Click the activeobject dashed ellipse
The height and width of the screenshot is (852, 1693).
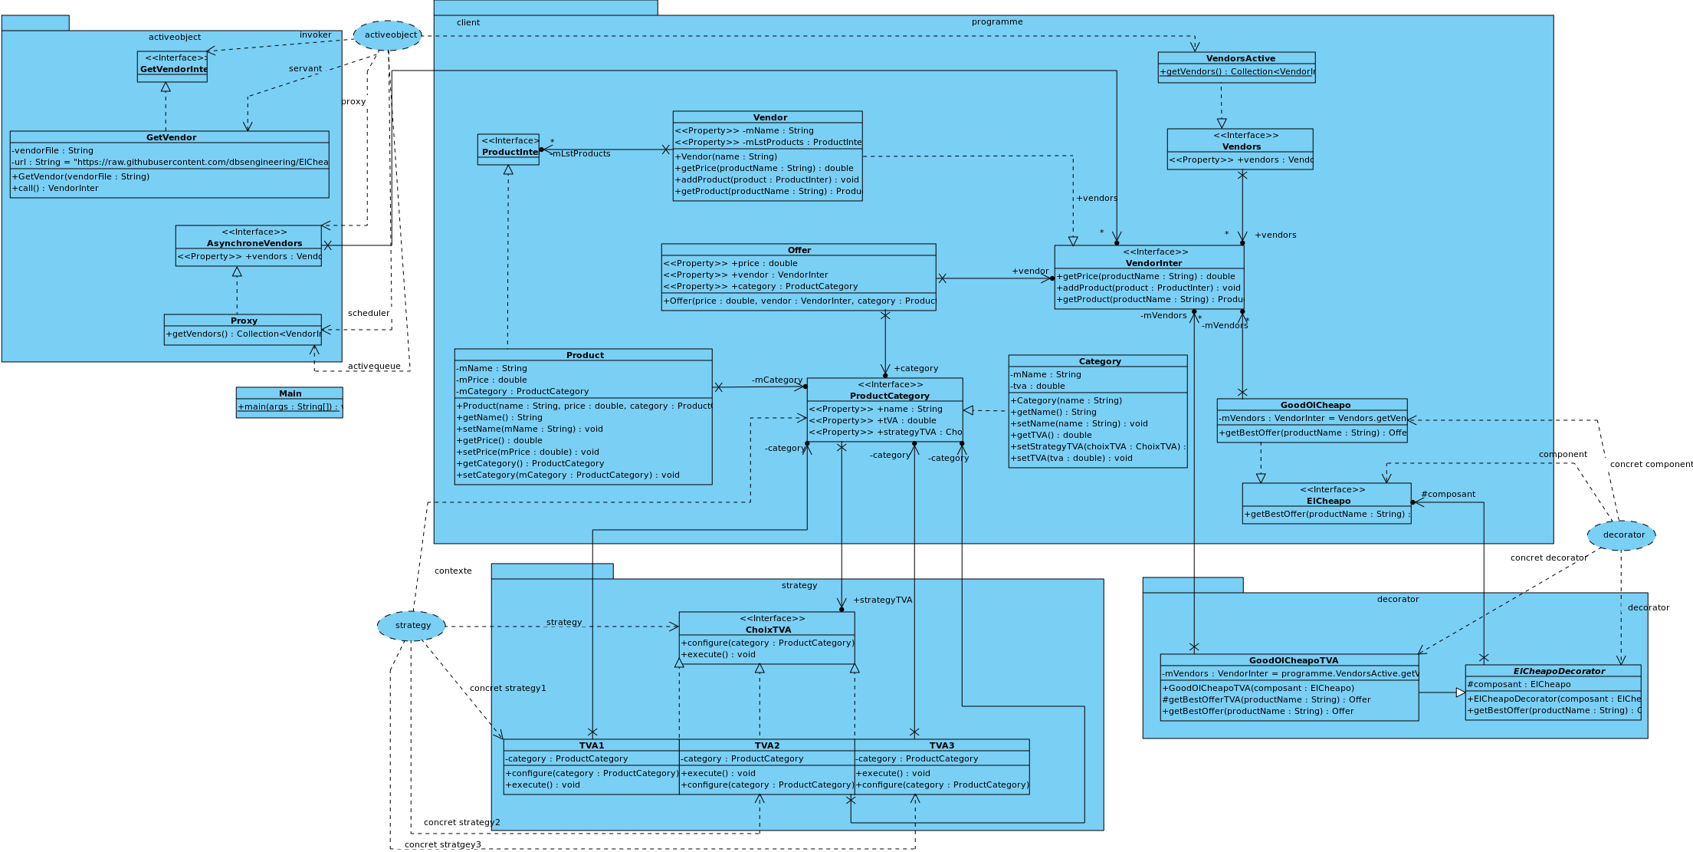point(388,35)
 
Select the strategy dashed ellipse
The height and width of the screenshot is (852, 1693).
point(412,626)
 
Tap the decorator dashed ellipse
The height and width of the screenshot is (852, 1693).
point(1621,535)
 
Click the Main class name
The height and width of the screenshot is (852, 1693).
point(290,393)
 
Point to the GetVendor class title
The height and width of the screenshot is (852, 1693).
point(171,137)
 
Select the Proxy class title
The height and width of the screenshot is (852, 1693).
point(244,321)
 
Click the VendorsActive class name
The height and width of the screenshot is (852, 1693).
point(1240,58)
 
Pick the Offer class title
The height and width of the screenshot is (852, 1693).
point(799,250)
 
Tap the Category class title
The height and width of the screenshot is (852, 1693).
point(1099,361)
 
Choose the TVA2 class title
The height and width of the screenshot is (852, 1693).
point(766,745)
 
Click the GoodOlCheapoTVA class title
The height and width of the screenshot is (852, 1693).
point(1293,660)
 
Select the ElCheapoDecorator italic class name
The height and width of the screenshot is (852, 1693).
point(1558,671)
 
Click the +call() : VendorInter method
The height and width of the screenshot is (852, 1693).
point(55,188)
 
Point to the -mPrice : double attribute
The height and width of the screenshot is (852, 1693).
point(492,380)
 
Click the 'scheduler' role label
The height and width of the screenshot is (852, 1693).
point(368,313)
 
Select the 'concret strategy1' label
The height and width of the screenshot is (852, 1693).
point(507,688)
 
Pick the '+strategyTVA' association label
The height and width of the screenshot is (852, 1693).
point(882,600)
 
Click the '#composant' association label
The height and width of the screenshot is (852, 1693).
point(1448,494)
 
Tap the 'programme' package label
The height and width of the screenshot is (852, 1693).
point(996,21)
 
